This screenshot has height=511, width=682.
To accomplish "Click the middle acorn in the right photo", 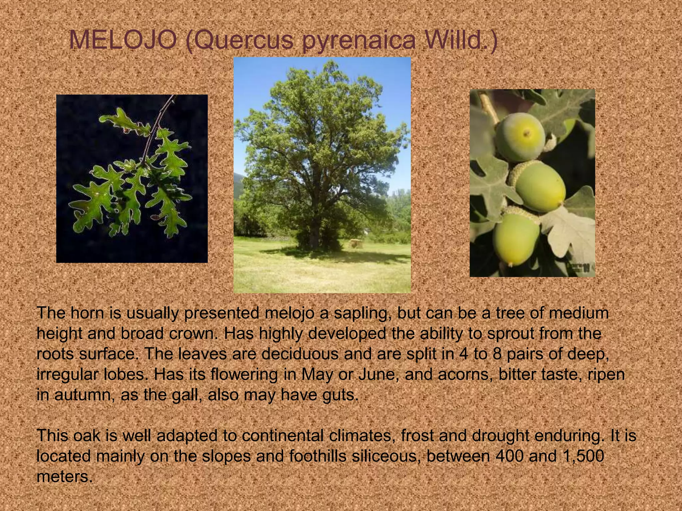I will tap(539, 186).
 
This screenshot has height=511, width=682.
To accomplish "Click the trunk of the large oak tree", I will tap(313, 233).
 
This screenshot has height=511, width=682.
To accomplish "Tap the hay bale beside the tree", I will tap(355, 244).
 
